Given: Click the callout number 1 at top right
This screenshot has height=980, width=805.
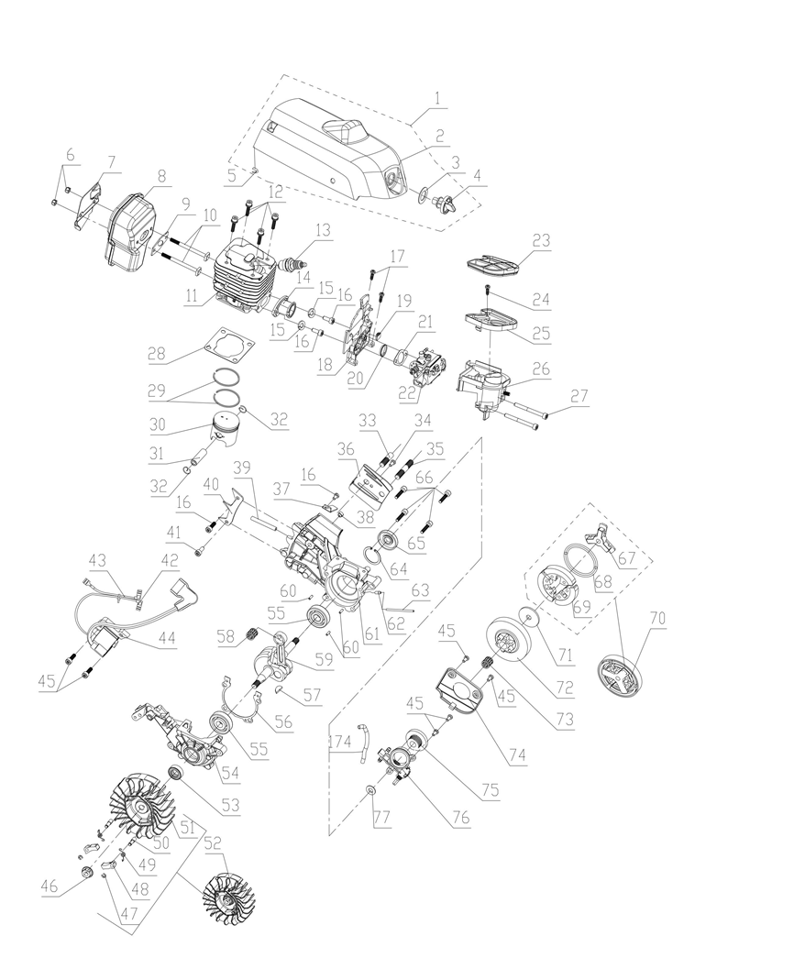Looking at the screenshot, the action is pyautogui.click(x=438, y=98).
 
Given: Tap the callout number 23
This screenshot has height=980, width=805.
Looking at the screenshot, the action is pyautogui.click(x=541, y=240).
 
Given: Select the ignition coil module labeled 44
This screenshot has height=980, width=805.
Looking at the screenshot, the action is pyautogui.click(x=108, y=641).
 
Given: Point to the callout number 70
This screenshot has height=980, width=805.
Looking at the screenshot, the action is pyautogui.click(x=657, y=618).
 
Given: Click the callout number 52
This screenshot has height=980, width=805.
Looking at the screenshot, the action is pyautogui.click(x=213, y=842).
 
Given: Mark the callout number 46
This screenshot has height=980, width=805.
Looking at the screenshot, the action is pyautogui.click(x=50, y=886).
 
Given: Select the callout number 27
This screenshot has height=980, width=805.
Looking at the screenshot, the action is pyautogui.click(x=579, y=397).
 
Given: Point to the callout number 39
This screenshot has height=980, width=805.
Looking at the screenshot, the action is pyautogui.click(x=242, y=468).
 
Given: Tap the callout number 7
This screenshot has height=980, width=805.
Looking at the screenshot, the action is pyautogui.click(x=111, y=162).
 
